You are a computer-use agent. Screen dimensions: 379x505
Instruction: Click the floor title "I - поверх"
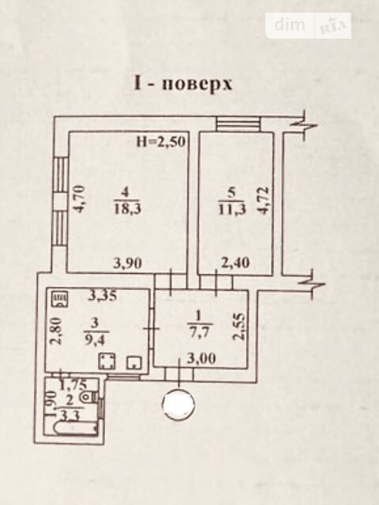click(x=182, y=84)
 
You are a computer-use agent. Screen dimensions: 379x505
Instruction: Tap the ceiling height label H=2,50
click(x=161, y=142)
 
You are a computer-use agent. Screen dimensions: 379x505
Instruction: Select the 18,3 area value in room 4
click(x=127, y=210)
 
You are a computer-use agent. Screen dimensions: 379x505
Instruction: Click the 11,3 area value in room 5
click(x=232, y=210)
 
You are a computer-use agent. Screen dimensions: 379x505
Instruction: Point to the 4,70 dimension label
click(x=79, y=198)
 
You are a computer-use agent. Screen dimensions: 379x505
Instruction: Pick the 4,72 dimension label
click(x=263, y=200)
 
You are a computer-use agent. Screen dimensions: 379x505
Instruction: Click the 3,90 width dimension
click(x=128, y=264)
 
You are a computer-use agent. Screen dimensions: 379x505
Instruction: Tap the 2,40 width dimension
click(x=235, y=263)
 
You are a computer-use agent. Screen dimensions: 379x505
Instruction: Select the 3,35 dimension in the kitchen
click(x=103, y=295)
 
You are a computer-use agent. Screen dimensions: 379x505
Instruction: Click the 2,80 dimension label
click(x=56, y=331)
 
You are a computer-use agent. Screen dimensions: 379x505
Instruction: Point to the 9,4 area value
click(x=95, y=340)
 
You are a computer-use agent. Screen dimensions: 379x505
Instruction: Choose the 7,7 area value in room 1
click(x=200, y=331)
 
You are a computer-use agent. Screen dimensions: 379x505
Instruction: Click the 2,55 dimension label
click(x=240, y=327)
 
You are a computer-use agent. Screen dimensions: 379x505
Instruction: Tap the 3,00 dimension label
click(x=201, y=358)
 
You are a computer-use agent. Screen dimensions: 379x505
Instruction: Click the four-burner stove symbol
click(x=107, y=361)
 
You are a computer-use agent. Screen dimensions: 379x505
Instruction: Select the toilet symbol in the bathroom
click(x=88, y=396)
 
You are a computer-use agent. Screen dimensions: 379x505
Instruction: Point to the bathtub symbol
click(x=75, y=428)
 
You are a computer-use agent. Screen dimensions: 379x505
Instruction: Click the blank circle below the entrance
click(x=179, y=404)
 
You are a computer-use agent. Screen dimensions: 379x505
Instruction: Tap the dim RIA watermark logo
click(x=309, y=25)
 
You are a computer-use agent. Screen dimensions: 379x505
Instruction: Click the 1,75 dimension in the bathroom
click(x=73, y=384)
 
